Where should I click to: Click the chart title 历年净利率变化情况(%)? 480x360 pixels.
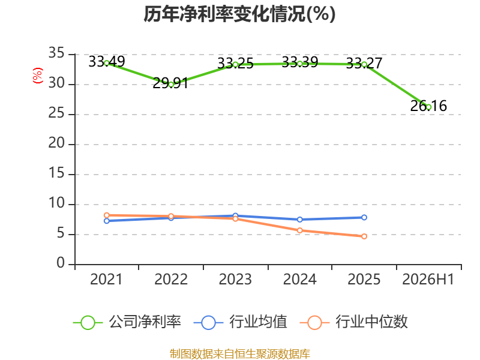pos(239,14)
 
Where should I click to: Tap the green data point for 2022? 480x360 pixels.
pos(171,85)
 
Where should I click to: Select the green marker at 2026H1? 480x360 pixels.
pos(428,107)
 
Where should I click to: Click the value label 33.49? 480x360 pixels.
pos(107,62)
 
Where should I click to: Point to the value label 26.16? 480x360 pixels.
pos(428,106)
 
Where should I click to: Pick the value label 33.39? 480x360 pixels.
pos(300,62)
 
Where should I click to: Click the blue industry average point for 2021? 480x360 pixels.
pos(107,221)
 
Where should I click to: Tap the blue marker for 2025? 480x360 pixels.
pos(364,217)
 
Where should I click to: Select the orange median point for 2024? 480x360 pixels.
pos(299,230)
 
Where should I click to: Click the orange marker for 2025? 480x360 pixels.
pos(364,236)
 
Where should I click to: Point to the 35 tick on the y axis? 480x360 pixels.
pos(56,53)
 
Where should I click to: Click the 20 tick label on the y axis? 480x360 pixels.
pos(56,143)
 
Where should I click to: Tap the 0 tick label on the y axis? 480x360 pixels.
pos(61,263)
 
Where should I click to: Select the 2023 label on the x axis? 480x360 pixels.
pos(235,279)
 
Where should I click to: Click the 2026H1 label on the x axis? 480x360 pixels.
pos(428,279)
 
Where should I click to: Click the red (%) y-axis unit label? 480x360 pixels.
pos(37,76)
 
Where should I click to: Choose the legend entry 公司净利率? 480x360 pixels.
pos(127,322)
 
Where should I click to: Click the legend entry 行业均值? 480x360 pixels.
pos(241,322)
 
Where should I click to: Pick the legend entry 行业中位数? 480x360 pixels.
pos(354,322)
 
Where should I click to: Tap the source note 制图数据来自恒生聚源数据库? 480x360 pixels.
pos(239,353)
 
